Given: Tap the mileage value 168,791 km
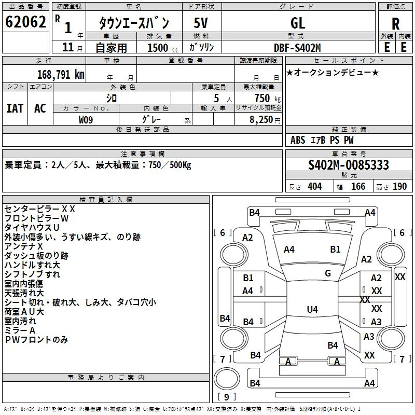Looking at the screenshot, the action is click(x=61, y=74).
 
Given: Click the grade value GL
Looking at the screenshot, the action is click(x=298, y=23).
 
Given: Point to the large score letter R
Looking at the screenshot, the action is click(x=395, y=23).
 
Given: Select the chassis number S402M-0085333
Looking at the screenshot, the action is click(x=349, y=165).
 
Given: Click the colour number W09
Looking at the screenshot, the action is click(x=87, y=119).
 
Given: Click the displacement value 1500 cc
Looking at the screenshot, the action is click(x=159, y=48).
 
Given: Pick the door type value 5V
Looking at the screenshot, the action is click(x=201, y=23).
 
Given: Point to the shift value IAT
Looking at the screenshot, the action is click(x=15, y=108).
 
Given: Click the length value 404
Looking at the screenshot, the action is click(x=314, y=187).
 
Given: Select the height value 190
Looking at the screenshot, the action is click(x=399, y=187).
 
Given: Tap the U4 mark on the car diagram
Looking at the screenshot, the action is click(x=312, y=310).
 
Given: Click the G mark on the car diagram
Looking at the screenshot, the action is click(x=328, y=273).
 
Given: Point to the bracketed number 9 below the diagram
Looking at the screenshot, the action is click(x=226, y=397).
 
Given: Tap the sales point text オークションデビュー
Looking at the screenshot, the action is click(x=333, y=73).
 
